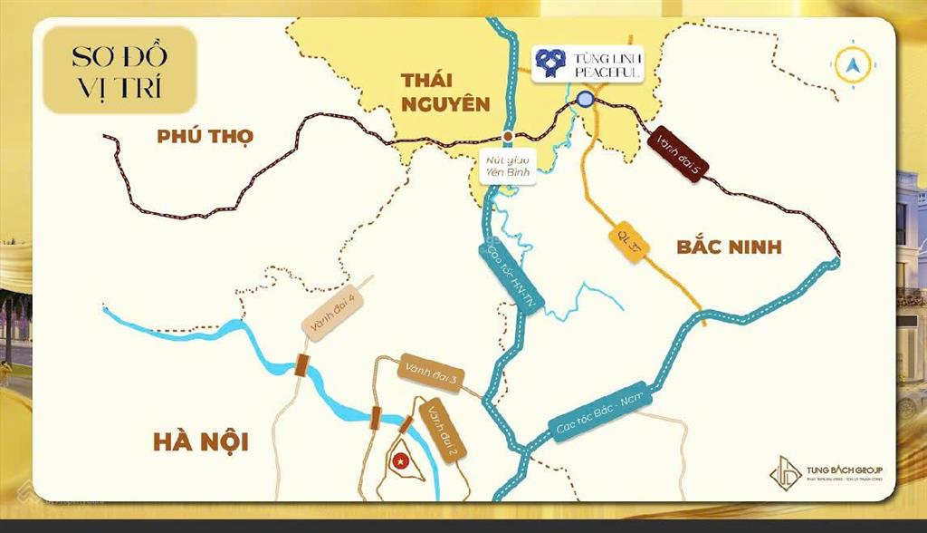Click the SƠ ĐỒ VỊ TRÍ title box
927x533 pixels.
click(119, 70)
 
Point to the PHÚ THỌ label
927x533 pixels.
click(205, 137)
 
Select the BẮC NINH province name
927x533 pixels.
click(729, 247)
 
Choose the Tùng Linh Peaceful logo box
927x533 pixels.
click(588, 63)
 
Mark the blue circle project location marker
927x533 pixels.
click(586, 100)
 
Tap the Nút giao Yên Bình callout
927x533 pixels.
click(510, 168)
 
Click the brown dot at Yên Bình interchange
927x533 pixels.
click(509, 136)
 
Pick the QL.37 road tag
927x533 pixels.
click(628, 242)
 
